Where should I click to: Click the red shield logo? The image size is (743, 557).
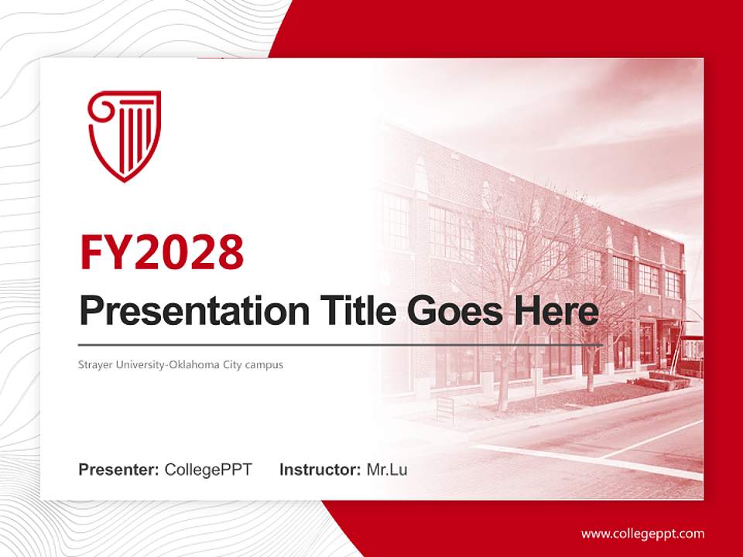[124, 135]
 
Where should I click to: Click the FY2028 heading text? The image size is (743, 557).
[162, 253]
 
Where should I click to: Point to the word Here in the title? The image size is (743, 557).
[559, 312]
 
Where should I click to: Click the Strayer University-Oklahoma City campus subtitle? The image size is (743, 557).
[181, 364]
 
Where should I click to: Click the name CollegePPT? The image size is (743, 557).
[208, 470]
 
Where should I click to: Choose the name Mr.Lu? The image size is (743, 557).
[387, 470]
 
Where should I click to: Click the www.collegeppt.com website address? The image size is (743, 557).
[642, 534]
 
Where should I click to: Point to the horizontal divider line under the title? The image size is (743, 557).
[341, 344]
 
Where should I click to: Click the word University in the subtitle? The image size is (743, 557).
[132, 364]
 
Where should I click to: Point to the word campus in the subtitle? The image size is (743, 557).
[265, 364]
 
